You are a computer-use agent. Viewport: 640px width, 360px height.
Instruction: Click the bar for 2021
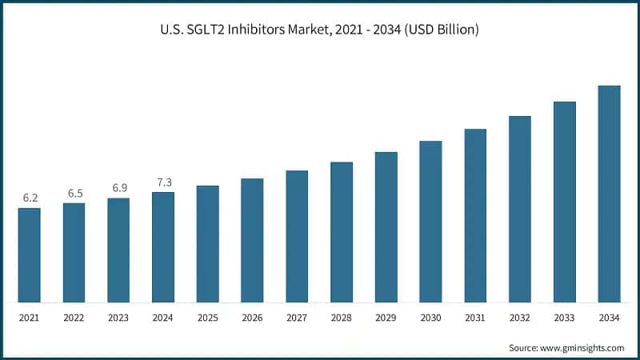30,255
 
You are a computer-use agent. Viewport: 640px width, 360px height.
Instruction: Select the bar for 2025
208,244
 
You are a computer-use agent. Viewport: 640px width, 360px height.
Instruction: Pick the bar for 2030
431,222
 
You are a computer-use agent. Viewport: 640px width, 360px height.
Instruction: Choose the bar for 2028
342,232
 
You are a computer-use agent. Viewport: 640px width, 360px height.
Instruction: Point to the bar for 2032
520,209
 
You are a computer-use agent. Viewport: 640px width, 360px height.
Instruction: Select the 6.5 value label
74,193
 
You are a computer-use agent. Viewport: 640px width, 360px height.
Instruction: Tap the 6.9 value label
119,187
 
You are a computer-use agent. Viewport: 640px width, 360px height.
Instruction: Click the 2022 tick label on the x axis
74,318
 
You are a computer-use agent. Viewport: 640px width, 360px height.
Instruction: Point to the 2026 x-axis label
253,318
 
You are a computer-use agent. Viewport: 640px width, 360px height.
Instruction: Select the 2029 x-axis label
386,318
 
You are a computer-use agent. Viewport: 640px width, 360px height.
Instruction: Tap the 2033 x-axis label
565,318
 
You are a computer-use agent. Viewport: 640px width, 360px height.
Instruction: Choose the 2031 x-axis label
475,318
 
